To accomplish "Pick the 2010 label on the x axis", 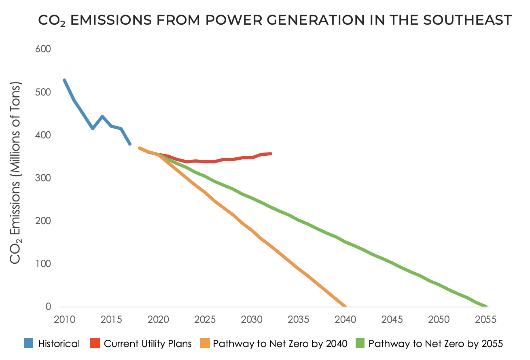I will tap(65, 320).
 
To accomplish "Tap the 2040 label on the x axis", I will tap(346, 320).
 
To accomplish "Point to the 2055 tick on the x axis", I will tap(485, 320).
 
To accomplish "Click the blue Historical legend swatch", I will tap(28, 344).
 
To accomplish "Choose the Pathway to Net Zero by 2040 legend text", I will tap(280, 344).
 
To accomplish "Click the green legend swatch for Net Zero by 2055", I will tap(360, 344).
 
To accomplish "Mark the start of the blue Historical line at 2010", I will tap(64, 80).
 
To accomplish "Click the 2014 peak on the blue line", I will tap(102, 116).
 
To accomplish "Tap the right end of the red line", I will tap(271, 154).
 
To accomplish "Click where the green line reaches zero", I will tap(485, 306).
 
